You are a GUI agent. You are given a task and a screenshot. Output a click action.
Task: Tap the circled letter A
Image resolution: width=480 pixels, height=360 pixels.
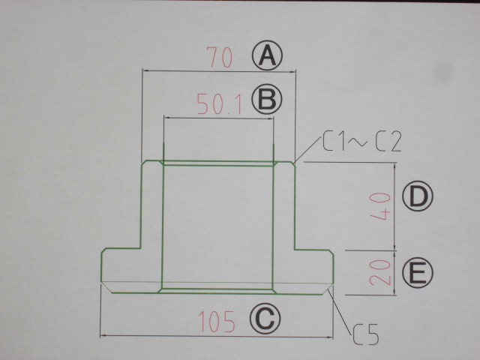coord(265,56)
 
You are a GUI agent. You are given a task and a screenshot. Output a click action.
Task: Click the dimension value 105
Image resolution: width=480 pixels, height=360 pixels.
coord(217,322)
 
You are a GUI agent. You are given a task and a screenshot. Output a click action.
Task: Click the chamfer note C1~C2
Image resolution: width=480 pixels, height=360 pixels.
coord(362,142)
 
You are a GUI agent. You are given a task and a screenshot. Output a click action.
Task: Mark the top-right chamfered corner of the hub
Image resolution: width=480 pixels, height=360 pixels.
coord(292,162)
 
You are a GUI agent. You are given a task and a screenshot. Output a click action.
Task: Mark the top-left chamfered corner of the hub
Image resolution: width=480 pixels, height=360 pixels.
coord(146,162)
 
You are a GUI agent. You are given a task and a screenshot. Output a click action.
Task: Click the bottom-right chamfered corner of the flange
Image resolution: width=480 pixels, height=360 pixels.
coord(329,288)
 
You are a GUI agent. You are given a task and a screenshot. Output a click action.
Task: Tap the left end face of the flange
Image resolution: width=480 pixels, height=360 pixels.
coord(102,267)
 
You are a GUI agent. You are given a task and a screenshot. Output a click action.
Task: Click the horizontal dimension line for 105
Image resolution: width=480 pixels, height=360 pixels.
coord(150,336)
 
